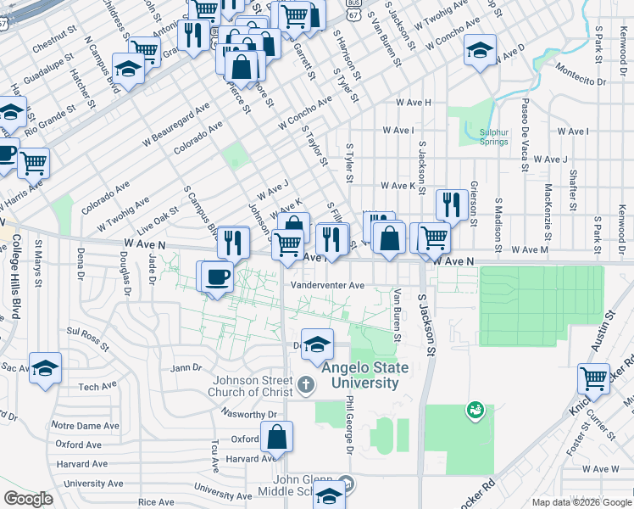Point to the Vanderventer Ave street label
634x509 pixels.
[x=327, y=286]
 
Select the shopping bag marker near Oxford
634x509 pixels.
[x=277, y=438]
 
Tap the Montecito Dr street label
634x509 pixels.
[x=579, y=81]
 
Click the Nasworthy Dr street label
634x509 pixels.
[x=248, y=415]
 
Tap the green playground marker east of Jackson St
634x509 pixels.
[x=475, y=411]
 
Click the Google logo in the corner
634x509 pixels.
[x=28, y=499]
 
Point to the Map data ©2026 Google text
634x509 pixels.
[x=581, y=502]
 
